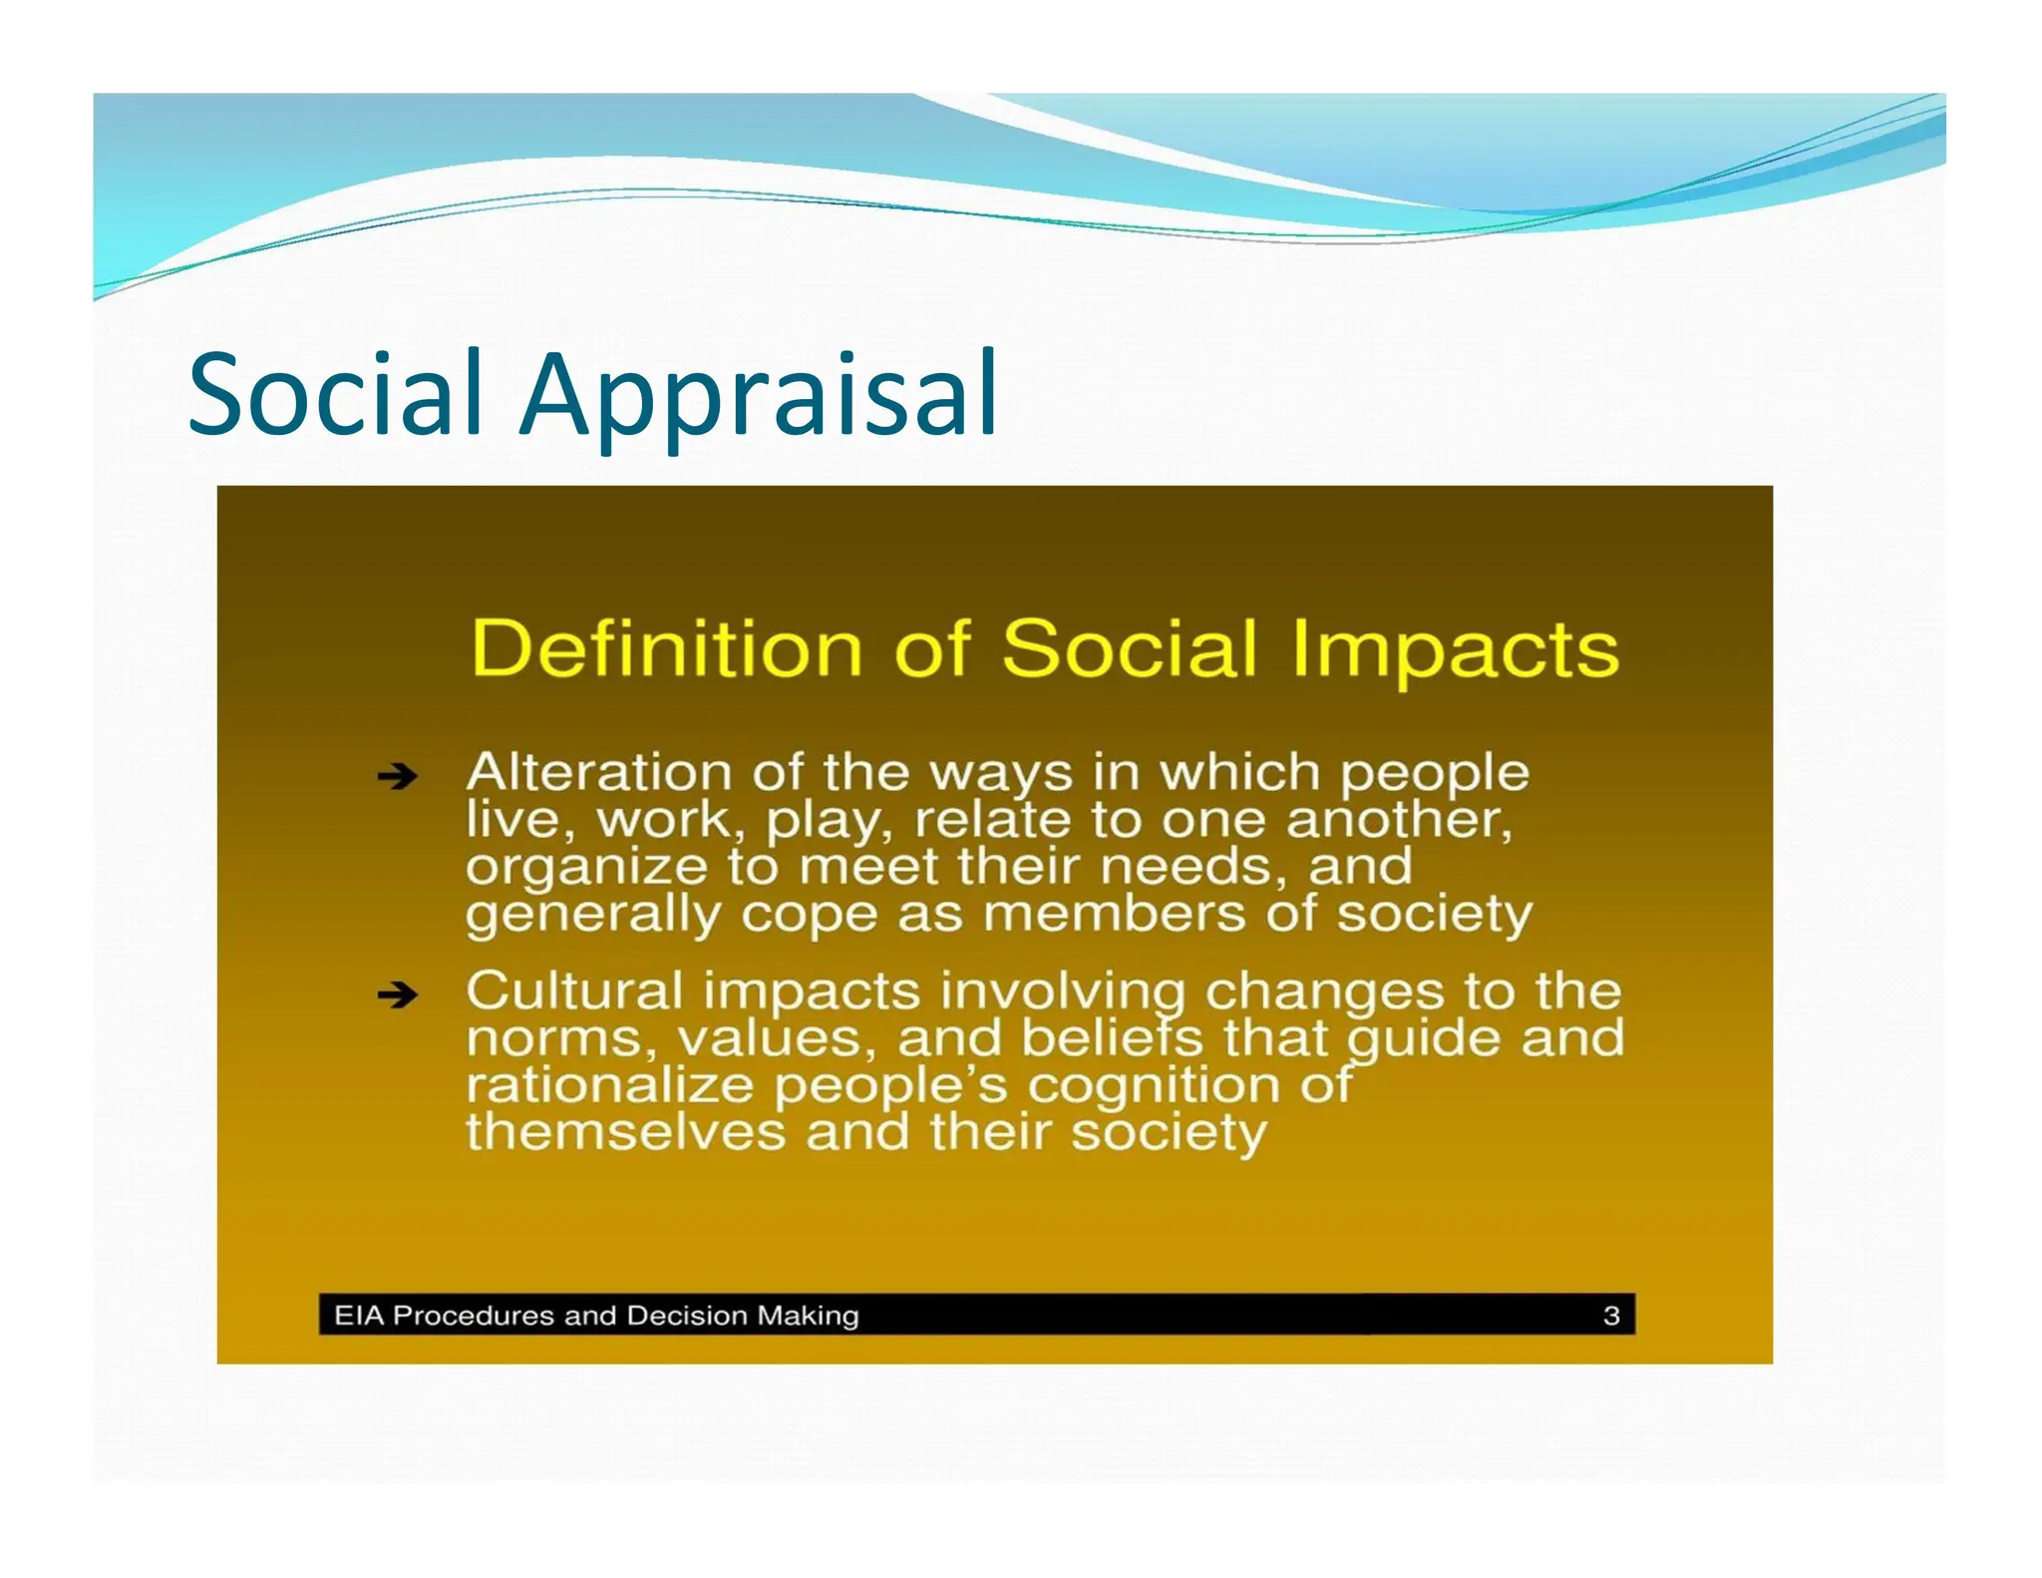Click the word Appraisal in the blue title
pyautogui.click(x=758, y=397)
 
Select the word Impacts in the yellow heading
pyautogui.click(x=1455, y=650)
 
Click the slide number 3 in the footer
pyautogui.click(x=1611, y=1316)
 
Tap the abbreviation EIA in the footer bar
pyautogui.click(x=359, y=1316)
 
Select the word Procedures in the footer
pyautogui.click(x=475, y=1316)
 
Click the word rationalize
pyautogui.click(x=609, y=1085)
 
